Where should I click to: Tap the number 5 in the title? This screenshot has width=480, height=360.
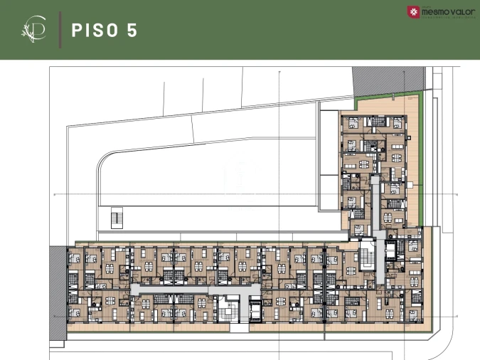click(132, 30)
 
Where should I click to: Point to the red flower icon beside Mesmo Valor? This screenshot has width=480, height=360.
click(413, 12)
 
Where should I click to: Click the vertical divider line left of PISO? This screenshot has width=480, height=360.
click(59, 30)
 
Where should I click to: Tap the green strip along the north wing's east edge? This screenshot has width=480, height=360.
click(420, 164)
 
